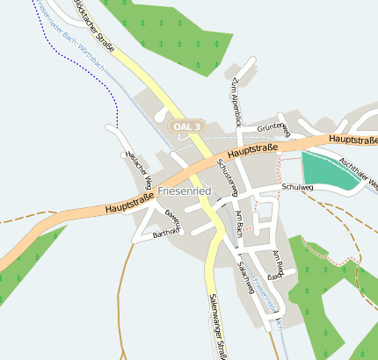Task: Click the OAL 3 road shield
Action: pyautogui.click(x=187, y=127)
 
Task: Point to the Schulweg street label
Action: pyautogui.click(x=298, y=187)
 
